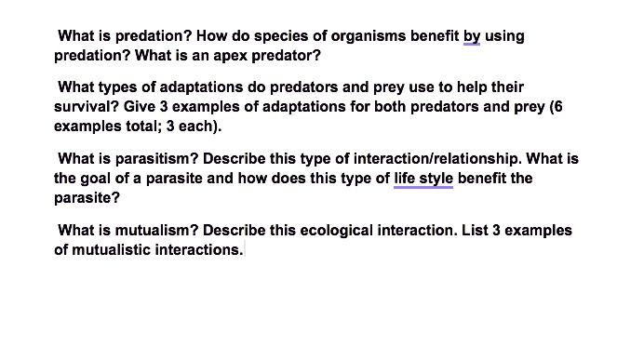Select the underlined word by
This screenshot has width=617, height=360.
point(471,36)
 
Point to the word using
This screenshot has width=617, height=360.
point(504,36)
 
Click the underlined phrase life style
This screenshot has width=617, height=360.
point(423,178)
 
